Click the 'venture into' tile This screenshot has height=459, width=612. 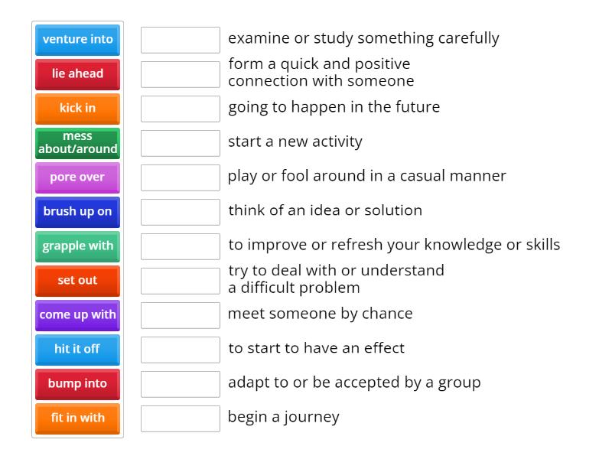pos(77,40)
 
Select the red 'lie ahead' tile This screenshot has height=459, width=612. pos(77,74)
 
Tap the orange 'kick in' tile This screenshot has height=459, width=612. pos(77,109)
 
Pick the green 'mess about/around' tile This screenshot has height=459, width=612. pos(77,143)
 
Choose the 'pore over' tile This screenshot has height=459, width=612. pos(77,177)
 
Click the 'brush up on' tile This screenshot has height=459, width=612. pos(77,212)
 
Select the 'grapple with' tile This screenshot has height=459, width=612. pos(77,246)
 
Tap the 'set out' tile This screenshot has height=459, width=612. pos(77,281)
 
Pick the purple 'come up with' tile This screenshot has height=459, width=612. pos(77,315)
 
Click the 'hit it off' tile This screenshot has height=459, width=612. pos(77,350)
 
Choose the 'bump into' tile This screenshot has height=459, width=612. pos(77,384)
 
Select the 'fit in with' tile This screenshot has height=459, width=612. pos(77,418)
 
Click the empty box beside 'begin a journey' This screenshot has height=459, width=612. pos(181,418)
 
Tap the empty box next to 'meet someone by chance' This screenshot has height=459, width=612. pos(181,315)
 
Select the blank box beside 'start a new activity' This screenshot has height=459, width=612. pos(181,143)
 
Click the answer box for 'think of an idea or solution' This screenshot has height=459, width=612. pos(181,212)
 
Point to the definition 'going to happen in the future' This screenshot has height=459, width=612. pos(334,107)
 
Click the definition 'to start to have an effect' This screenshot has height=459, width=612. pos(316,348)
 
